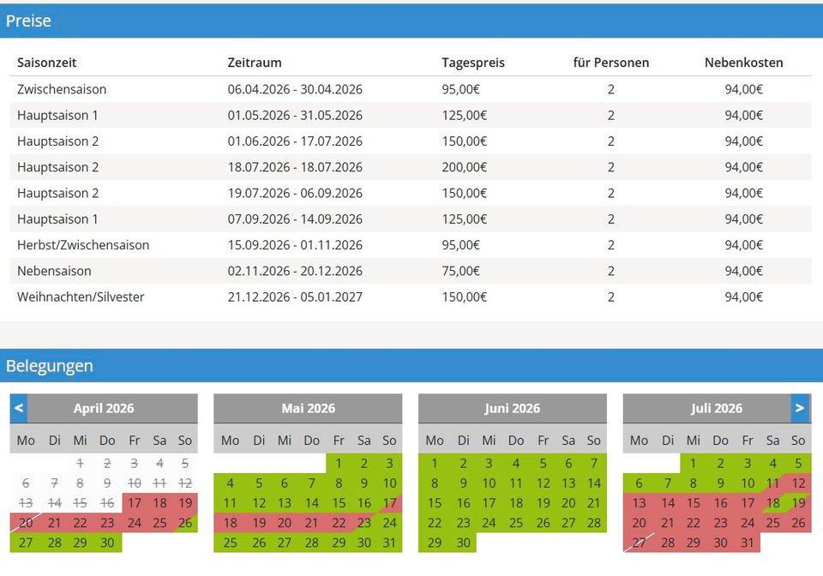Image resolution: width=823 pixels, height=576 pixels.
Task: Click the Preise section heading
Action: [28, 21]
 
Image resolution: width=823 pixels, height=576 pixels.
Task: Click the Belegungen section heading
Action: [49, 366]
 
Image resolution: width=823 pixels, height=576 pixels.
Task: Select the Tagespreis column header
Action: [473, 63]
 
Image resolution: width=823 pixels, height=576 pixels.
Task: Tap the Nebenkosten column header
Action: [743, 63]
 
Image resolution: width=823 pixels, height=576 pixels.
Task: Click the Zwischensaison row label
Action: [62, 89]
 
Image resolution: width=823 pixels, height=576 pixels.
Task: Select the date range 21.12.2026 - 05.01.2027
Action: [295, 297]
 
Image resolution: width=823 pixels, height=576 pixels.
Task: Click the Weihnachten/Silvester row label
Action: [81, 297]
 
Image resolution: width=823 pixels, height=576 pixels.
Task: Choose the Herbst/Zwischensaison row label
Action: [83, 245]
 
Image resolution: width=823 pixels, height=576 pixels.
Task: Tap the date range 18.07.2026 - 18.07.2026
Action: [295, 167]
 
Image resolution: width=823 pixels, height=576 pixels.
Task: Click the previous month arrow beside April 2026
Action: [19, 408]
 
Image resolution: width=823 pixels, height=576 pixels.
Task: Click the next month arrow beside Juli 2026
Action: [799, 408]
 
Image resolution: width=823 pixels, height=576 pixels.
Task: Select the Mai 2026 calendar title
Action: [308, 409]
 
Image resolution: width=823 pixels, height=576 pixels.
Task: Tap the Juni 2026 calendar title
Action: [512, 409]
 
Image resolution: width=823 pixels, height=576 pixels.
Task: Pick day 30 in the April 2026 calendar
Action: [107, 543]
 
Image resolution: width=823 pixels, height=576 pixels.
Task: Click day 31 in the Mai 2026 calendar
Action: [389, 543]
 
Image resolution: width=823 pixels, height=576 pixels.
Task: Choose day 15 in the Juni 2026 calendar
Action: [435, 503]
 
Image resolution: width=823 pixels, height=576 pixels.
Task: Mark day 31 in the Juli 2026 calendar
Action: [748, 543]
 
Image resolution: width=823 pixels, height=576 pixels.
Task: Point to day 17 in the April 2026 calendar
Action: [135, 503]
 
